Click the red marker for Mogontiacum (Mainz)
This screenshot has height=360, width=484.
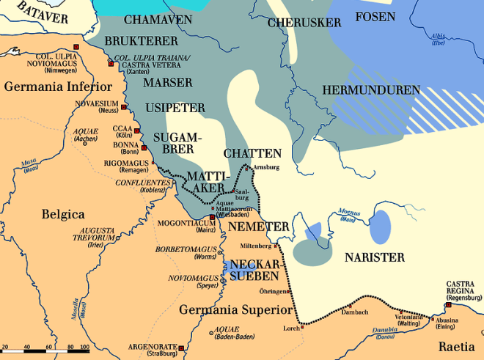[x=213, y=218]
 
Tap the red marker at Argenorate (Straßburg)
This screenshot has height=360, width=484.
[x=181, y=348]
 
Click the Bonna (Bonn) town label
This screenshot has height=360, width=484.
[x=127, y=149]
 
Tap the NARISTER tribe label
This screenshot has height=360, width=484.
[x=375, y=257]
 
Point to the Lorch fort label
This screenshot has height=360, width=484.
[x=291, y=328]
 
